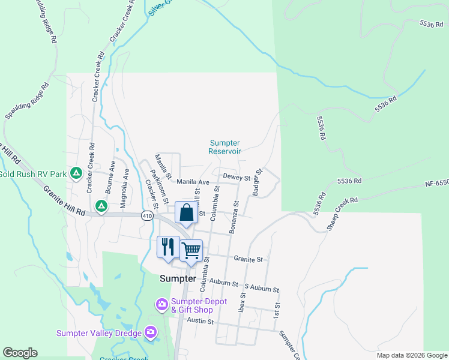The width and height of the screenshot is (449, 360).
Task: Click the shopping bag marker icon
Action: pyautogui.click(x=187, y=213)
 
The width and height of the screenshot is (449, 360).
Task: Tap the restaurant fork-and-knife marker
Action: pyautogui.click(x=168, y=247)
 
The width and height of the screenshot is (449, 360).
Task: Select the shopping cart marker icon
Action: pyautogui.click(x=191, y=250)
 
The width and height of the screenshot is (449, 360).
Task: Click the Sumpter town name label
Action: pyautogui.click(x=178, y=279)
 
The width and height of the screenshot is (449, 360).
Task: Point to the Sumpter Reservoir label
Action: pyautogui.click(x=224, y=147)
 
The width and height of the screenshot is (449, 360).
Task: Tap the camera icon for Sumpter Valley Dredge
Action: pyautogui.click(x=150, y=332)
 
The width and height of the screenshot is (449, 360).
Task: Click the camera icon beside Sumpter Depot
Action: pyautogui.click(x=161, y=305)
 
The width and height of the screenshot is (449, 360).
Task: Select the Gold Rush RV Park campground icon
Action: pyautogui.click(x=76, y=174)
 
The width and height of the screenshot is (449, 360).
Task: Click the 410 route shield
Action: pyautogui.click(x=148, y=215)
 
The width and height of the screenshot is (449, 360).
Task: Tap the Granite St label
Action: pyautogui.click(x=249, y=259)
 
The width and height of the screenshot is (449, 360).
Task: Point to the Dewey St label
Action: pyautogui.click(x=236, y=178)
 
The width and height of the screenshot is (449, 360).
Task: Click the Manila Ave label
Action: pyautogui.click(x=193, y=182)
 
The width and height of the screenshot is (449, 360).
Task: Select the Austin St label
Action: pyautogui.click(x=200, y=322)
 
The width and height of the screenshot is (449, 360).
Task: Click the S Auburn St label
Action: pyautogui.click(x=262, y=290)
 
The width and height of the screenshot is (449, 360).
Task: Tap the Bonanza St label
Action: pyautogui.click(x=234, y=217)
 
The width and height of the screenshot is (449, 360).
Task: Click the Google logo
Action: pyautogui.click(x=20, y=353)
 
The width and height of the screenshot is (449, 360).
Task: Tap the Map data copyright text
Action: pyautogui.click(x=411, y=355)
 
